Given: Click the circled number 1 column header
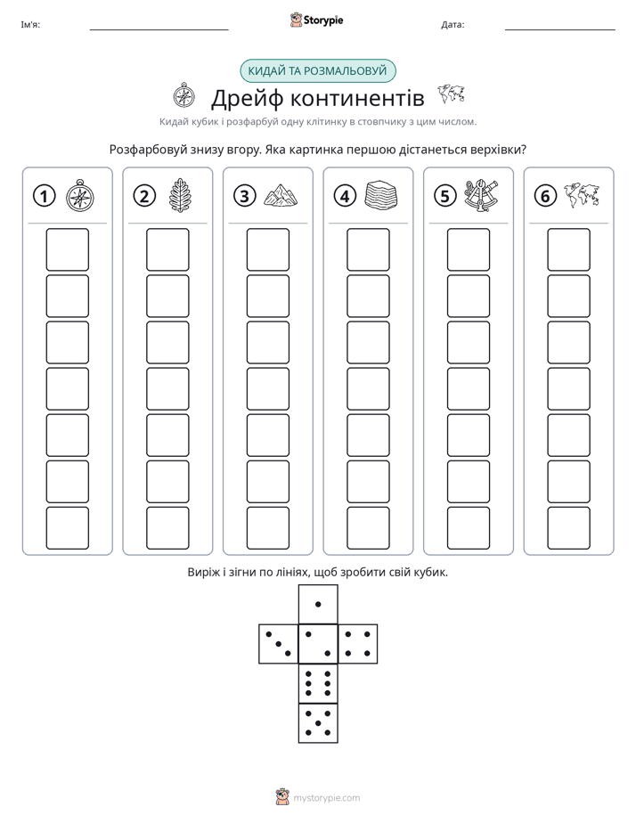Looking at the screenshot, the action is pyautogui.click(x=44, y=196).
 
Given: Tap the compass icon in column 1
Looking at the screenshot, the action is pyautogui.click(x=80, y=196).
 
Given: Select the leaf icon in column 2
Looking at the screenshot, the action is pyautogui.click(x=179, y=196).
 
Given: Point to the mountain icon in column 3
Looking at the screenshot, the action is pyautogui.click(x=281, y=195).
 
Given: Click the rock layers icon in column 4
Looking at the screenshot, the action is pyautogui.click(x=381, y=195).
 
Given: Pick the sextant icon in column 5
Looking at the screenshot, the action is pyautogui.click(x=481, y=195).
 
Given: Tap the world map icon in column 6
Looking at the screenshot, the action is pyautogui.click(x=582, y=195).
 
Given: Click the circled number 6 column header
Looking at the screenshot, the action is pyautogui.click(x=545, y=196).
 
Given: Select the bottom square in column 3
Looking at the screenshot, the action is pyautogui.click(x=267, y=528).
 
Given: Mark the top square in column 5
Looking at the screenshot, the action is pyautogui.click(x=468, y=249).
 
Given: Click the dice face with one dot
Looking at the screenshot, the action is pyautogui.click(x=318, y=605).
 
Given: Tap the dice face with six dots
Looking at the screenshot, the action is pyautogui.click(x=318, y=683).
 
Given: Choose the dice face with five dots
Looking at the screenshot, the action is pyautogui.click(x=318, y=722).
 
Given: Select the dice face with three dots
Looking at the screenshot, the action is pyautogui.click(x=279, y=644).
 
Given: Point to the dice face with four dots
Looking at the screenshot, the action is pyautogui.click(x=358, y=644).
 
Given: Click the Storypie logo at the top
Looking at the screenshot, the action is pyautogui.click(x=316, y=20).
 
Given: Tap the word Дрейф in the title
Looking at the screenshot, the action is pyautogui.click(x=247, y=98).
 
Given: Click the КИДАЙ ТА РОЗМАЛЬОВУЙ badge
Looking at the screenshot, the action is pyautogui.click(x=317, y=71).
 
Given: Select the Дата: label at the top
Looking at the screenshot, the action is pyautogui.click(x=453, y=25).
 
